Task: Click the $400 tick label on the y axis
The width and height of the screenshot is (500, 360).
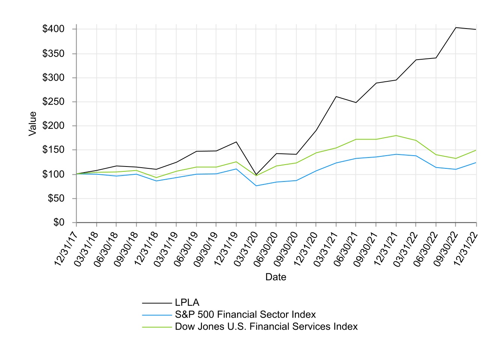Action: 53,29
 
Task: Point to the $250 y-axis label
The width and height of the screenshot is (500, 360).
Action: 53,102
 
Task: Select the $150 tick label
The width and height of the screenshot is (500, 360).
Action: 53,150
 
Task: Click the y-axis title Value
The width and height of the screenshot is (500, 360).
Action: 33,124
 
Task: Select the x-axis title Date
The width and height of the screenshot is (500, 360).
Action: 276,277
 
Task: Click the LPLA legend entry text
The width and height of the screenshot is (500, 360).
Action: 187,303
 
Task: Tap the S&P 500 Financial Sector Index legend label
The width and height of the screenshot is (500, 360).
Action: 245,315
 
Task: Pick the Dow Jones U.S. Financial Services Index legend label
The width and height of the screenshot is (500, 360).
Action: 266,327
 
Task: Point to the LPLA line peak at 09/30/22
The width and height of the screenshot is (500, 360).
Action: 456,27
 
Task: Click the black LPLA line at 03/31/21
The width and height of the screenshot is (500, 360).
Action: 336,96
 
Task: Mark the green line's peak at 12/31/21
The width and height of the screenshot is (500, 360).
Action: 396,135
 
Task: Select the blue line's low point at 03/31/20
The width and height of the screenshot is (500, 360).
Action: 256,186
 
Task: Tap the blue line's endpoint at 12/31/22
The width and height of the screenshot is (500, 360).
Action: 476,162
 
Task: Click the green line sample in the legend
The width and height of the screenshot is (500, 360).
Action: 157,327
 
